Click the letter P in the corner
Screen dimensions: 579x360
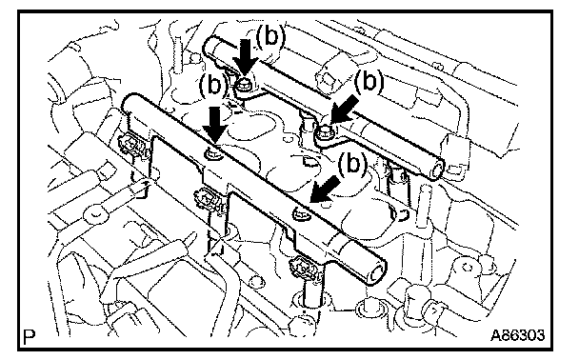click(30, 336)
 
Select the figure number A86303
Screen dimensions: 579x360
click(517, 335)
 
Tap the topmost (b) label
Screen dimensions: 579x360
click(270, 36)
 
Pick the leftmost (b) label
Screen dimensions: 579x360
click(213, 85)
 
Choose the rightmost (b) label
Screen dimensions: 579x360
click(369, 81)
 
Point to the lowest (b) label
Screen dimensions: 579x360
click(352, 164)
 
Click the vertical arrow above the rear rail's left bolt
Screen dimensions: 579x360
click(246, 59)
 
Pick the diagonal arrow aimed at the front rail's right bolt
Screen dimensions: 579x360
click(325, 189)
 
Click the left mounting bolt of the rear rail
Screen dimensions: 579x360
click(244, 87)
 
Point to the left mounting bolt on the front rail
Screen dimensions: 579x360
click(214, 153)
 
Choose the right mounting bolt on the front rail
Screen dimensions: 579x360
click(301, 212)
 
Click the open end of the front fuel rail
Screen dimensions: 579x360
click(377, 272)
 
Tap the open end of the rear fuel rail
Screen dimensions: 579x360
click(437, 170)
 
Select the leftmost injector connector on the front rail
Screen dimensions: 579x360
click(131, 145)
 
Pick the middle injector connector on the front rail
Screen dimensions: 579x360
click(210, 198)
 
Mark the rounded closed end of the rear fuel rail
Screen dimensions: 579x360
click(211, 47)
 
